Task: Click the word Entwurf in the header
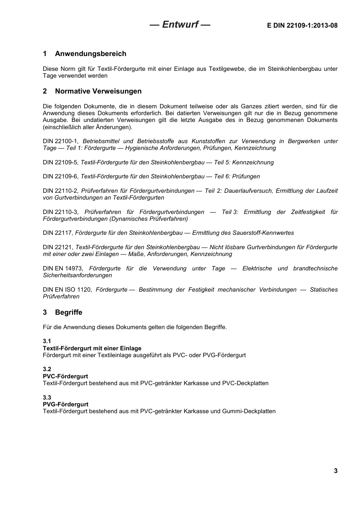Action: tap(180, 25)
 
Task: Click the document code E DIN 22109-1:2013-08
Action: tap(302, 26)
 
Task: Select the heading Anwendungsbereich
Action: tap(91, 54)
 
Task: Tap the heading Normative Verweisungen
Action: tap(98, 91)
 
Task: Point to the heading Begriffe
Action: tap(69, 312)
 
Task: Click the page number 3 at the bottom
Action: tap(335, 471)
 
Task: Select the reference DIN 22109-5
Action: tap(60, 162)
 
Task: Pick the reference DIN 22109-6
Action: tap(60, 176)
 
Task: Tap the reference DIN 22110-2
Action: tap(60, 191)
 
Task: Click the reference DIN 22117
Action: tap(57, 233)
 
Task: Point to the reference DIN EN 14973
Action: tap(63, 269)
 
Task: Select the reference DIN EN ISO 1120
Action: tap(67, 290)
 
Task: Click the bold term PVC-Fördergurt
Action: tap(65, 376)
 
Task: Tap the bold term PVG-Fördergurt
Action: tap(66, 404)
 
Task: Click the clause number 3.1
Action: tap(47, 341)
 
